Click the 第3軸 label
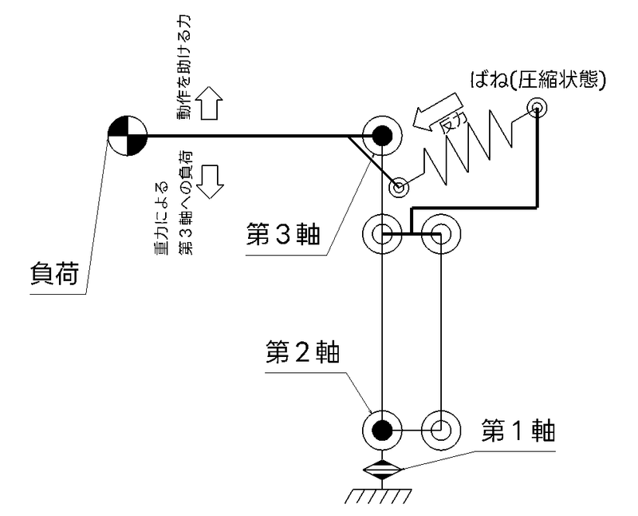tap(283, 235)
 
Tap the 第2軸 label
tap(302, 352)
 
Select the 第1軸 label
tap(518, 431)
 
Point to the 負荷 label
tap(54, 273)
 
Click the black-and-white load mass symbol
tap(128, 135)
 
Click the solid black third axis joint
tap(382, 136)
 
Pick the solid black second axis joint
tap(382, 430)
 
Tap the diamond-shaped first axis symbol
tap(382, 470)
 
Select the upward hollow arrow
tap(210, 103)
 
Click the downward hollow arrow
tap(211, 182)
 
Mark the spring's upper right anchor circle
tap(537, 108)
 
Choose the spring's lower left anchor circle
tap(398, 188)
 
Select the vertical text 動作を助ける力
tap(183, 67)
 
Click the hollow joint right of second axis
tap(441, 430)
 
